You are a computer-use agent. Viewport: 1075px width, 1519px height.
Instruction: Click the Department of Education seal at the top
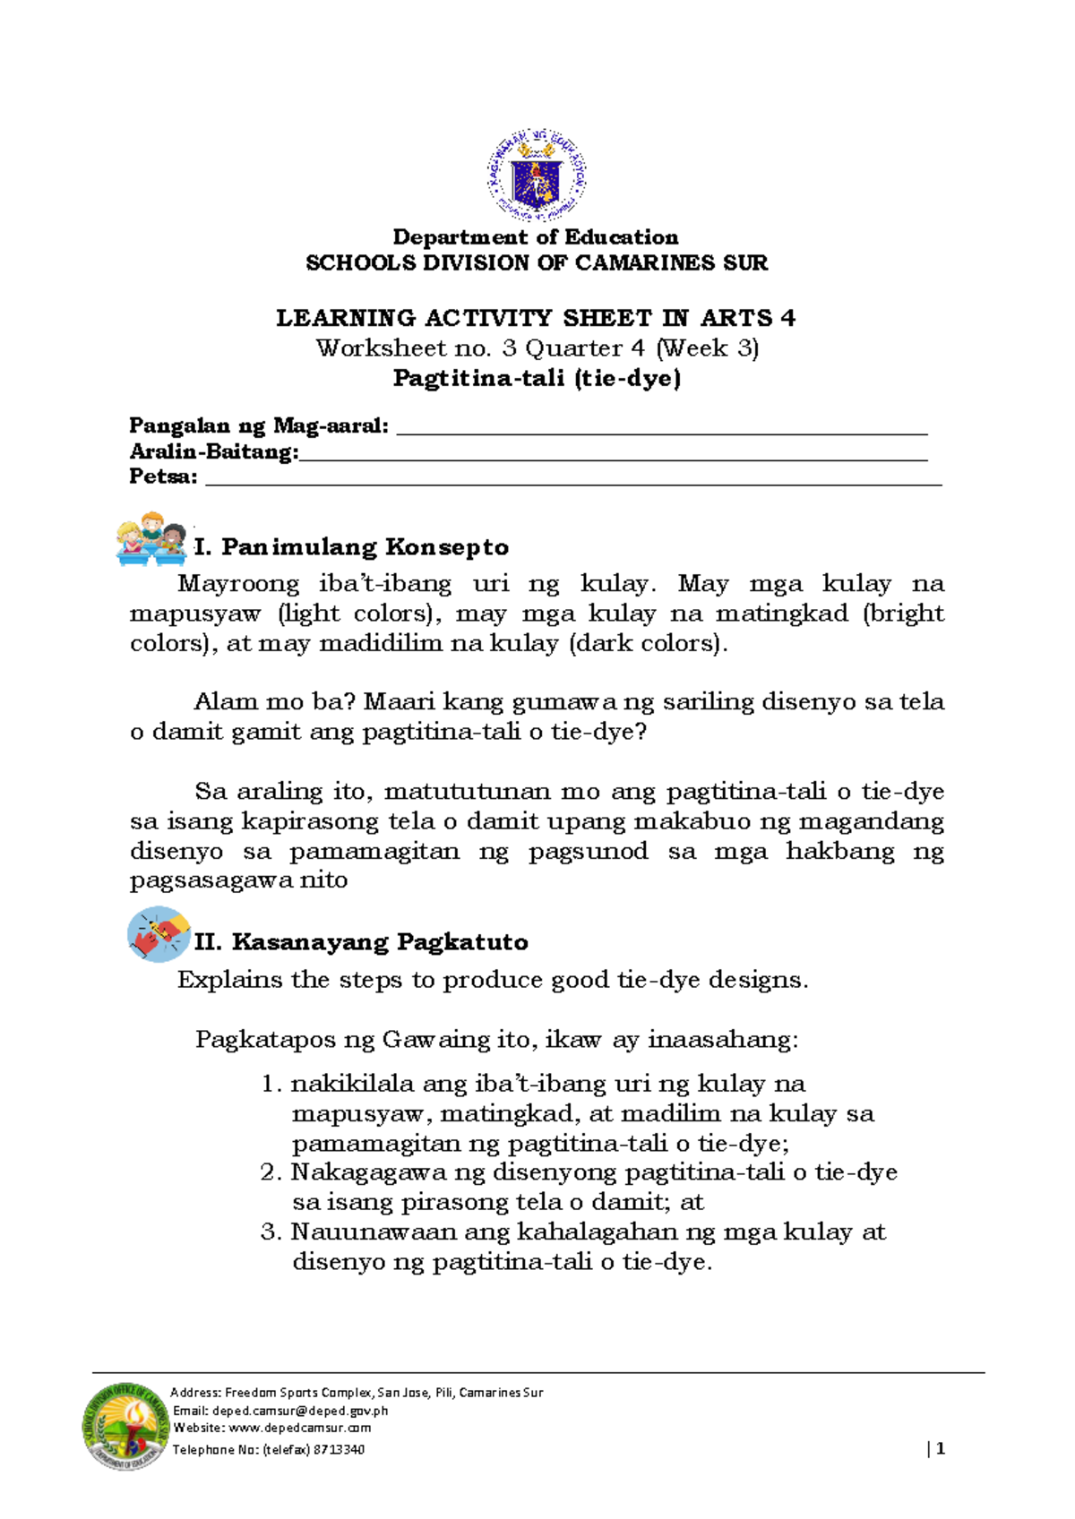pyautogui.click(x=537, y=176)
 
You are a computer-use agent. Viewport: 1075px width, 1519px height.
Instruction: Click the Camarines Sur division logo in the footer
pyautogui.click(x=126, y=1424)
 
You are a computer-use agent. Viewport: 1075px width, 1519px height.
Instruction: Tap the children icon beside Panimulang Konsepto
pyautogui.click(x=151, y=539)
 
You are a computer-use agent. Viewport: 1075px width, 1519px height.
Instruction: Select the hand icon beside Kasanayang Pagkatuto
pyautogui.click(x=159, y=934)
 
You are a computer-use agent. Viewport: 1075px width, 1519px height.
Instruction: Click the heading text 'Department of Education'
pyautogui.click(x=536, y=237)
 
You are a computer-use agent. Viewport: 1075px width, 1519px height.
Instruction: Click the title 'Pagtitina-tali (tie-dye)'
pyautogui.click(x=537, y=378)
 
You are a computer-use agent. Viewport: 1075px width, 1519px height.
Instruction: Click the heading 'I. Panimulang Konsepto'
pyautogui.click(x=351, y=547)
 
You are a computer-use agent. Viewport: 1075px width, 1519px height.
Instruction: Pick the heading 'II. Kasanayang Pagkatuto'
pyautogui.click(x=361, y=942)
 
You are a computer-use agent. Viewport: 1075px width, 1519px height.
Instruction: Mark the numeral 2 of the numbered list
pyautogui.click(x=269, y=1172)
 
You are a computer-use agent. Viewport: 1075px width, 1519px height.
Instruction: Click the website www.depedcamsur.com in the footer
pyautogui.click(x=300, y=1429)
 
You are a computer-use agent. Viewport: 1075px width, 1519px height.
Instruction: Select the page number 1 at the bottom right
pyautogui.click(x=941, y=1449)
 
